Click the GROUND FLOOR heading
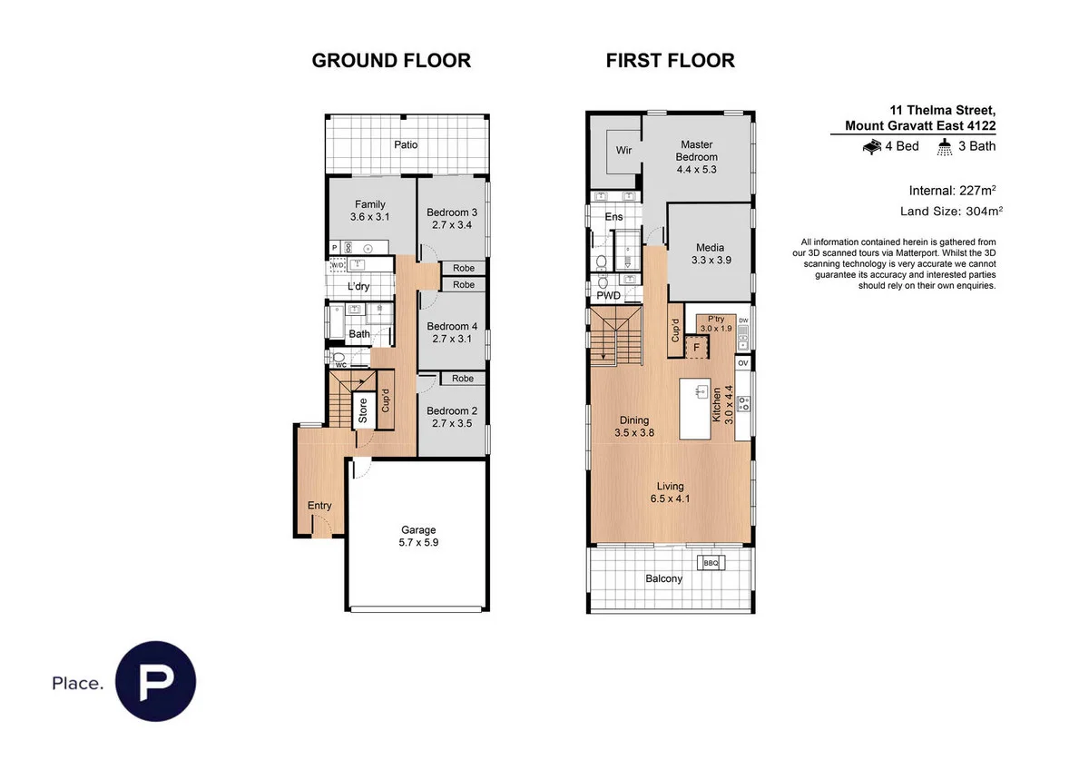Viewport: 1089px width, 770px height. [391, 61]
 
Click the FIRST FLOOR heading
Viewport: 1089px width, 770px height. [670, 61]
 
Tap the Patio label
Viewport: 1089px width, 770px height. [406, 144]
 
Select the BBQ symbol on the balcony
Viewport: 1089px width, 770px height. [711, 564]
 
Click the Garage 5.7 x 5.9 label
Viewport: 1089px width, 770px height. [418, 536]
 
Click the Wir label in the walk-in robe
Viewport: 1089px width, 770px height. [623, 151]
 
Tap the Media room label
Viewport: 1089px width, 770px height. [711, 253]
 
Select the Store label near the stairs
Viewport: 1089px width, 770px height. [363, 411]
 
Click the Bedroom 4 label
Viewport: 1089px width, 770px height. [452, 332]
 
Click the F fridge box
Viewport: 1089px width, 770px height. [697, 347]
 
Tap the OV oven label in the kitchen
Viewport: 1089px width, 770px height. [742, 363]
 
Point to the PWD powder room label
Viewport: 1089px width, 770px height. [608, 295]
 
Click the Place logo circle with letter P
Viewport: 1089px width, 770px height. [157, 681]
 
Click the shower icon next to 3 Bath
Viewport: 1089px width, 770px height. [945, 146]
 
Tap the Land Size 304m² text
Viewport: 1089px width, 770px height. [950, 211]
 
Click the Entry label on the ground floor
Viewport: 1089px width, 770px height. [319, 506]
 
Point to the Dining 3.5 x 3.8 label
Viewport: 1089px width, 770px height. [634, 427]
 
